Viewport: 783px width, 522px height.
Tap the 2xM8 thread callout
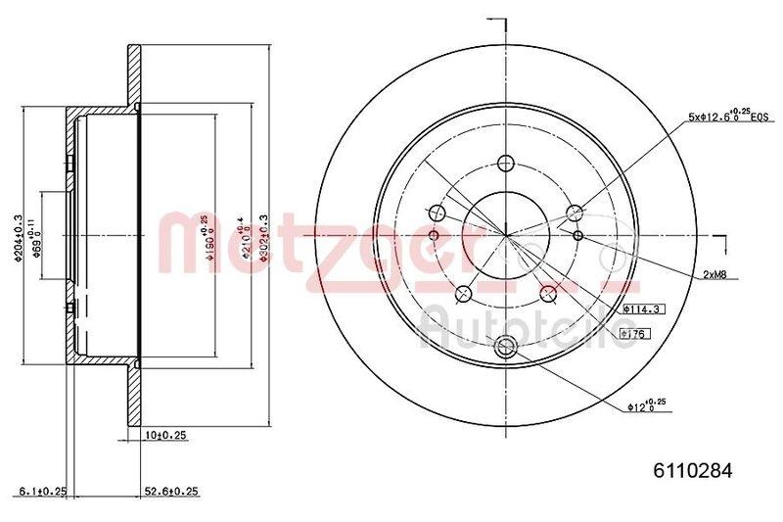714,275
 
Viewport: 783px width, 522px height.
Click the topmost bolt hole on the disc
506,164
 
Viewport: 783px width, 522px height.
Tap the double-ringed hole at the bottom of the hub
506,345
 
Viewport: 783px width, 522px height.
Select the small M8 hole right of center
577,235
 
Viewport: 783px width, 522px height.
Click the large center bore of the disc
506,235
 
